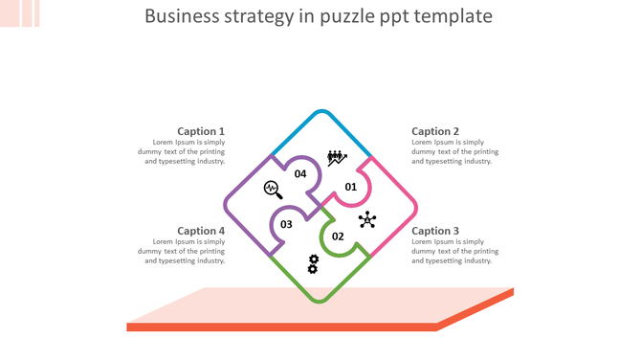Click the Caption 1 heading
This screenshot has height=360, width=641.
click(201, 131)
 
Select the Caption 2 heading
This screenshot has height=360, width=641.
click(435, 131)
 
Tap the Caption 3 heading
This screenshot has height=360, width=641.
click(435, 231)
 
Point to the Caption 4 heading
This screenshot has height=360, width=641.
click(201, 231)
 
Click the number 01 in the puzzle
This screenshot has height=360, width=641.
click(351, 187)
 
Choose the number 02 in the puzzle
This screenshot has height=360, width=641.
click(338, 236)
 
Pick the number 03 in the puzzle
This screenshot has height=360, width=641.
click(286, 225)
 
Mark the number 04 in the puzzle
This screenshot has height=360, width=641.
click(300, 174)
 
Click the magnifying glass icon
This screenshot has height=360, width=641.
click(273, 190)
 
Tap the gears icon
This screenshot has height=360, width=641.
click(313, 264)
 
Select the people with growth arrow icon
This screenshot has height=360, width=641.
click(336, 158)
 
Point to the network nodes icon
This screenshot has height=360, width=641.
click(367, 220)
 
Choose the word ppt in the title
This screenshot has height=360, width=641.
click(397, 16)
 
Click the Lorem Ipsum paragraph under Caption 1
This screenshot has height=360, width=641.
click(185, 151)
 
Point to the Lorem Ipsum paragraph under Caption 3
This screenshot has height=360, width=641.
click(455, 251)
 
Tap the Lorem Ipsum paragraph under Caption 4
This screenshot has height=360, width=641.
click(185, 251)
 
